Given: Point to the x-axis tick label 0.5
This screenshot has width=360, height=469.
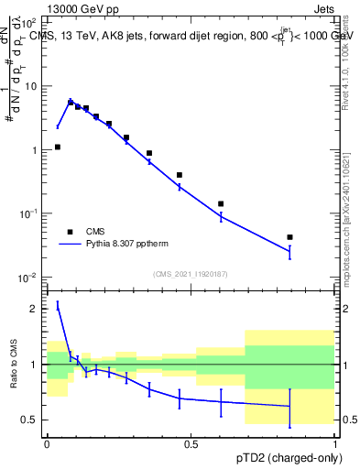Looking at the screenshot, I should tap(191, 442).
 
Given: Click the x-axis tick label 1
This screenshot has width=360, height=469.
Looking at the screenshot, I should tap(335, 442).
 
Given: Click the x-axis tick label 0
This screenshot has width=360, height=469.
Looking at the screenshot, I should tap(47, 442).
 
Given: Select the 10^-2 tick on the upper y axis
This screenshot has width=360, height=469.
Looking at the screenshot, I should tap(27, 277).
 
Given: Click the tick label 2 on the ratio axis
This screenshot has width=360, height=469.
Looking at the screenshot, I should tap(33, 310).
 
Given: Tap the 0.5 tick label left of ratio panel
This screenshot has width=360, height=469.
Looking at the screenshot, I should tap(30, 420).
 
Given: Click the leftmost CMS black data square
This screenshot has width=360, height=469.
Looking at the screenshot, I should tap(57, 147).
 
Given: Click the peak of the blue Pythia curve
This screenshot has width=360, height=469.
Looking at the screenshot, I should tap(71, 102).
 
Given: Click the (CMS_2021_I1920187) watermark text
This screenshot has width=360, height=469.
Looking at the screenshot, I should tap(191, 273).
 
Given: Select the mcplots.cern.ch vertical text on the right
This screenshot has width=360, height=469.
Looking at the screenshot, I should tap(346, 229).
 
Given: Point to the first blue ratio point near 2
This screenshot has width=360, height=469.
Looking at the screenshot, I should tap(58, 307).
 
